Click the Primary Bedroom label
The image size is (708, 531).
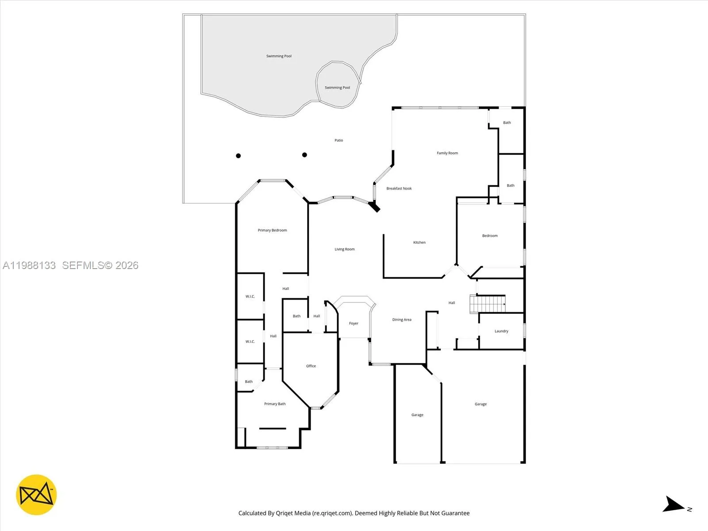click(272, 230)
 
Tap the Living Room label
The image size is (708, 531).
click(344, 249)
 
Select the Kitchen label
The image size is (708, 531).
click(419, 242)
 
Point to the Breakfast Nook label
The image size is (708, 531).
click(399, 189)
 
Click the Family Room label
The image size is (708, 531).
click(447, 153)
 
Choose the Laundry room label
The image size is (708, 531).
click(501, 331)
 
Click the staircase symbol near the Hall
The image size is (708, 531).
click(487, 304)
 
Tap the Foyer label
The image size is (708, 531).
click(353, 323)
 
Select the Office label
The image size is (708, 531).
click(311, 366)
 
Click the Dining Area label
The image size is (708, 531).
click(401, 319)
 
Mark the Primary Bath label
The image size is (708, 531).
click(274, 404)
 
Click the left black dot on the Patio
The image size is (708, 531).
click(238, 156)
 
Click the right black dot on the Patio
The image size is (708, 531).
click(304, 155)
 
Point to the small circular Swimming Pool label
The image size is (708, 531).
click(337, 88)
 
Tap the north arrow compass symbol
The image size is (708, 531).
click(673, 505)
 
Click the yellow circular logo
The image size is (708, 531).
click(36, 495)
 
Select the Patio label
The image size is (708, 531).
click(339, 140)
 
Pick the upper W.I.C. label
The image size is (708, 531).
click(250, 296)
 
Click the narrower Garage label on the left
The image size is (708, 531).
click(417, 415)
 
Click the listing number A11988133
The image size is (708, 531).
click(29, 265)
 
